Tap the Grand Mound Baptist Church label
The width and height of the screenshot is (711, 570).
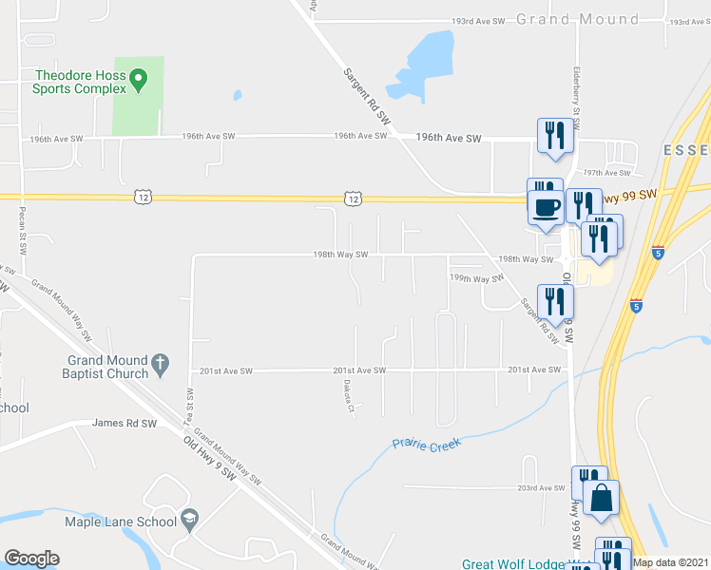tap(106, 367)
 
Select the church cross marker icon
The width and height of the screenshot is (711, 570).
tap(161, 361)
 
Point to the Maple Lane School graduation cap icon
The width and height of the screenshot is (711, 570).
tap(189, 519)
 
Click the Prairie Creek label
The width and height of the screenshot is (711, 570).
tap(426, 444)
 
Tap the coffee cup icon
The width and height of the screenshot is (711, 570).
tap(546, 206)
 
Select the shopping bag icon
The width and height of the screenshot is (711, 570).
tap(601, 498)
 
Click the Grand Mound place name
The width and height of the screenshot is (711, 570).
tap(577, 19)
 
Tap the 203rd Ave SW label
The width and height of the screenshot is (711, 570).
tap(541, 487)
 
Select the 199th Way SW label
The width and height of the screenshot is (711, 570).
tap(476, 279)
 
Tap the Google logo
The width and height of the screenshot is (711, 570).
tap(30, 559)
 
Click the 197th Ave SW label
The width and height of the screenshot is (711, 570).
tap(607, 173)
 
